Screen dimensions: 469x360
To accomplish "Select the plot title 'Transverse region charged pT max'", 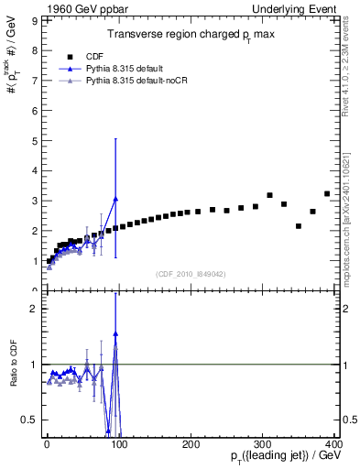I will pos(191,34).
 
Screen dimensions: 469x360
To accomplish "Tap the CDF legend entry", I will pos(94,55).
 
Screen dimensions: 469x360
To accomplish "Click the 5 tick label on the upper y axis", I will pos(34,140).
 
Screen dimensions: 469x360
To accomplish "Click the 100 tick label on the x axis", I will pos(119,445).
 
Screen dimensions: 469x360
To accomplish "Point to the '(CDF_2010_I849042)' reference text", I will pos(191,272).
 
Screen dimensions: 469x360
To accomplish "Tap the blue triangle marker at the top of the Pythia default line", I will pos(115,199).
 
